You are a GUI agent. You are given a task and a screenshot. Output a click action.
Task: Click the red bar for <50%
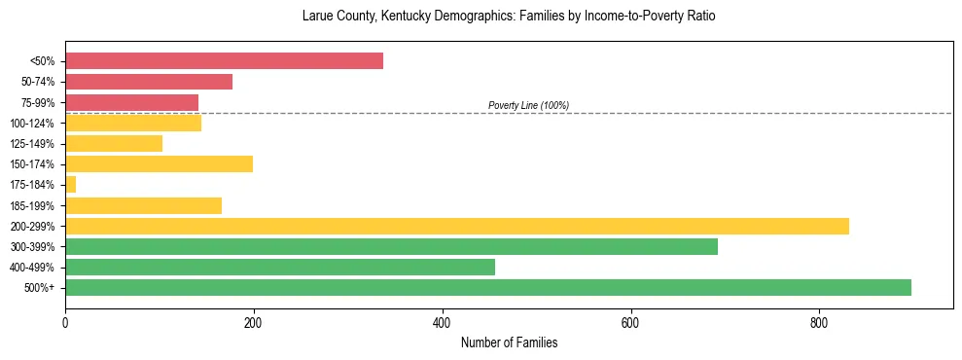(224, 61)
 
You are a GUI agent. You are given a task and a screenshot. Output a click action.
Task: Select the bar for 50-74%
(149, 82)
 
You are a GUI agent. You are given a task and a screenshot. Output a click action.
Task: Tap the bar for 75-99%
(131, 102)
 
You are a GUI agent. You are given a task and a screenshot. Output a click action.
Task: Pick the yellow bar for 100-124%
(133, 123)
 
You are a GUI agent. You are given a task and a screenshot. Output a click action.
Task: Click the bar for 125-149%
(114, 144)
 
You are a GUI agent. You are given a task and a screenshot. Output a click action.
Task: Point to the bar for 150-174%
(159, 164)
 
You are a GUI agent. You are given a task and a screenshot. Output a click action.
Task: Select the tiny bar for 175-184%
(70, 185)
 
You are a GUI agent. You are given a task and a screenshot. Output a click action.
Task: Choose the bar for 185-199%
(143, 205)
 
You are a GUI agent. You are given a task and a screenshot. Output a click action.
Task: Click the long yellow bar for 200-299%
(457, 226)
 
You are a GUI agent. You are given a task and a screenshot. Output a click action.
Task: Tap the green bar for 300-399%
(391, 246)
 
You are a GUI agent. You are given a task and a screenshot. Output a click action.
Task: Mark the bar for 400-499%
(280, 267)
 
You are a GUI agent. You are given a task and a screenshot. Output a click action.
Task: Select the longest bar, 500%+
(488, 287)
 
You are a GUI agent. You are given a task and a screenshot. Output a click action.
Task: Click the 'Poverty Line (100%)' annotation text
(528, 105)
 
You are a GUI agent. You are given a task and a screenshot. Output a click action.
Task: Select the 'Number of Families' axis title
(509, 342)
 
